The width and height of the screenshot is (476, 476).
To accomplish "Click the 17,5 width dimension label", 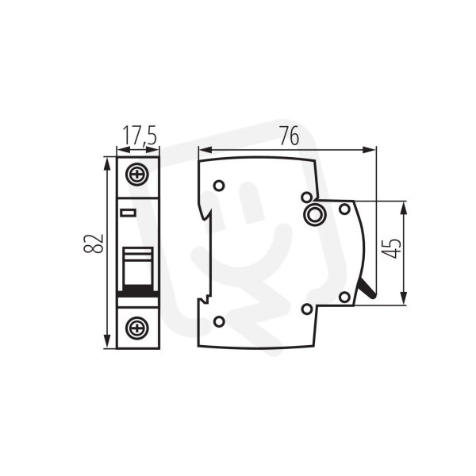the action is pos(140,136).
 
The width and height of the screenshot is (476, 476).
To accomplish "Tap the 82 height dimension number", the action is pos(94,244).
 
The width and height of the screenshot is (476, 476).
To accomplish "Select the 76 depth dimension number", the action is pos(290,136).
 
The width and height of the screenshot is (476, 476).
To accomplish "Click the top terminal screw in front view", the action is pos(137,175).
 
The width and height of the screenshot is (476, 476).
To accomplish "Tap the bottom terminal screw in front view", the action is pos(137,328).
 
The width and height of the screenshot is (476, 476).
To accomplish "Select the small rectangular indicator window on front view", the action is pos(128,213).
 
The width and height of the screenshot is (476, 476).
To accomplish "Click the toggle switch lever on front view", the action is pos(137,267).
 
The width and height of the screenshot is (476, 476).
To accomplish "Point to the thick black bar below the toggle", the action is pos(138,294).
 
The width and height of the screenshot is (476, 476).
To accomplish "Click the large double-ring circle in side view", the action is pos(315,214).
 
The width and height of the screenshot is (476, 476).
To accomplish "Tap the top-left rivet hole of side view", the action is pos(219,185).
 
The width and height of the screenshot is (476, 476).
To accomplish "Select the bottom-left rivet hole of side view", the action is pos(219,321).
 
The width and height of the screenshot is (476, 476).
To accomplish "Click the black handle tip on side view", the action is pos(368,288).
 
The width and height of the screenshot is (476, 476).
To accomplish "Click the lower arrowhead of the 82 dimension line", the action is pos(106,340).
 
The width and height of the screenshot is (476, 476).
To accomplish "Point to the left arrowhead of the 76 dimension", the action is pos(205,150).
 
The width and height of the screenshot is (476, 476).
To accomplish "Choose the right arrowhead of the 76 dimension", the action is pos(369,150).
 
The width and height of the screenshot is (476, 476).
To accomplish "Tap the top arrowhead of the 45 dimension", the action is pos(404,209).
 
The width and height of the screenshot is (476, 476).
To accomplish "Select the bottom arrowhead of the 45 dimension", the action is pos(404,297).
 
